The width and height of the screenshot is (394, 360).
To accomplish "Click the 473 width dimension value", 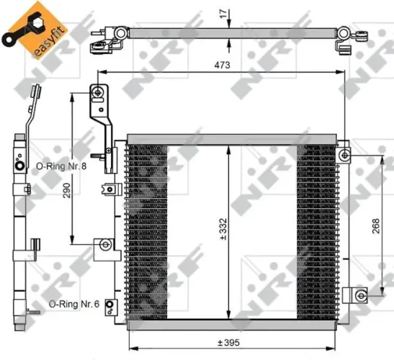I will click(x=220, y=66).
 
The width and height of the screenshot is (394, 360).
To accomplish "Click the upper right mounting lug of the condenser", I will click(x=345, y=155).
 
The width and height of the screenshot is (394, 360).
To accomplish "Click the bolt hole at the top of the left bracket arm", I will click(x=97, y=92).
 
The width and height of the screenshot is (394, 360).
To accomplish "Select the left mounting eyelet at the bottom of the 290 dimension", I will click(x=104, y=245).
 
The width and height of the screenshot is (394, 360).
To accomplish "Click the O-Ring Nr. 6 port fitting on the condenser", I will click(x=109, y=305).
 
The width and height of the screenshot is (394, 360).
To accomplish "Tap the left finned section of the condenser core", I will click(x=146, y=230).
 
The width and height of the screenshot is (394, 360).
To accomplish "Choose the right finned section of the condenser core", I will click(x=318, y=230).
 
